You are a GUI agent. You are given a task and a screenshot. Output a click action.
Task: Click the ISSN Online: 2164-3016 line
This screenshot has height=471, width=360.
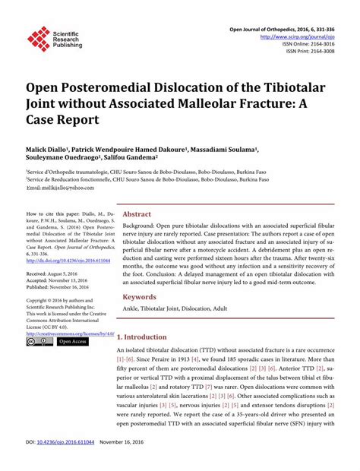coord(308,44)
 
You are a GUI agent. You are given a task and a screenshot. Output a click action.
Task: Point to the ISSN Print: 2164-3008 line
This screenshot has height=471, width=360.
coord(310,52)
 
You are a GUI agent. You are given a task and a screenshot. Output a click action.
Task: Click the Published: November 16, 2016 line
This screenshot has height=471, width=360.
coord(63,288)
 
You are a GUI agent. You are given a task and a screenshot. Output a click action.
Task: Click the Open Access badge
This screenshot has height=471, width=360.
coord(73,343)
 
